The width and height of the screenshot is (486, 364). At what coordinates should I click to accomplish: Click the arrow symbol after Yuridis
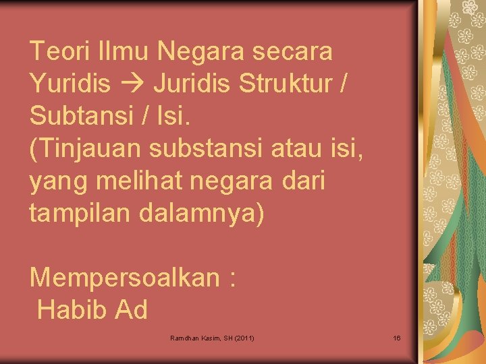point(134,84)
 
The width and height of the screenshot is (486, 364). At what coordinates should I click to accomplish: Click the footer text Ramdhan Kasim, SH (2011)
point(213,337)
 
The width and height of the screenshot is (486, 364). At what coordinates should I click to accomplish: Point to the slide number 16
point(397,337)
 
